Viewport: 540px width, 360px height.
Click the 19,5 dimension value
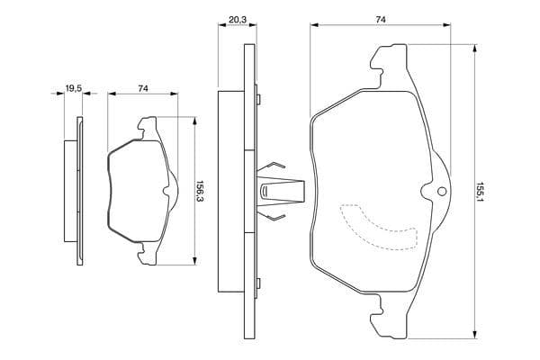(x=73, y=87)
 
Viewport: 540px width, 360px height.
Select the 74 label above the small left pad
(x=143, y=87)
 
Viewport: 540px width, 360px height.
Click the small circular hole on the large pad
(x=440, y=191)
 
